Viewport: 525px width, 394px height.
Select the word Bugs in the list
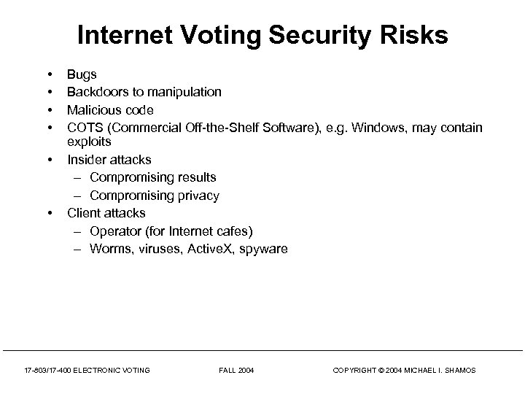(x=82, y=74)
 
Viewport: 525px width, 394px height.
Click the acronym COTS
(x=83, y=128)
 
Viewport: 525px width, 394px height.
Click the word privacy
(x=198, y=196)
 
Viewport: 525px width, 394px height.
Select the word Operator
(x=114, y=231)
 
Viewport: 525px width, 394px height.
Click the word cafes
(x=230, y=231)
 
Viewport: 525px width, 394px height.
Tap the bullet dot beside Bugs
(x=50, y=74)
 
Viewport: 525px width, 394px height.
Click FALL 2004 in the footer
(x=237, y=371)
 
